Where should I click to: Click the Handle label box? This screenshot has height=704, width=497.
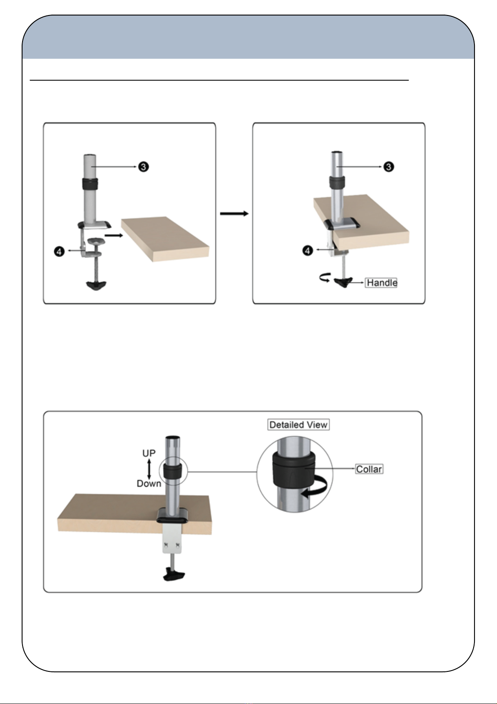pyautogui.click(x=381, y=283)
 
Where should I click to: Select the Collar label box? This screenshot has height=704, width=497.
pyautogui.click(x=369, y=469)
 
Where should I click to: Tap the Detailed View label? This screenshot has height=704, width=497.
pyautogui.click(x=298, y=425)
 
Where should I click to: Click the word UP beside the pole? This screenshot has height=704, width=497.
pyautogui.click(x=149, y=453)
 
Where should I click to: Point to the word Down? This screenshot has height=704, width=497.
pyautogui.click(x=149, y=483)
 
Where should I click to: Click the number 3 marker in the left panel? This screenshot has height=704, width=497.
pyautogui.click(x=144, y=167)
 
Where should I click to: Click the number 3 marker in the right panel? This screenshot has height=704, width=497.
pyautogui.click(x=389, y=167)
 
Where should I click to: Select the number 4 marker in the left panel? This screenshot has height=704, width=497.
pyautogui.click(x=59, y=252)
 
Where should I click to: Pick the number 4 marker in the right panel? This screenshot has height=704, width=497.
pyautogui.click(x=308, y=251)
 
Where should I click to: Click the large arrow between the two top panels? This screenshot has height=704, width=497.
pyautogui.click(x=234, y=213)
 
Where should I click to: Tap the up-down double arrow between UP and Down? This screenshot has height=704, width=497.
pyautogui.click(x=149, y=468)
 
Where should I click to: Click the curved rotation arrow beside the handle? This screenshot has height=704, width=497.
pyautogui.click(x=324, y=278)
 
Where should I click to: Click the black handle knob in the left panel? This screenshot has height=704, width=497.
pyautogui.click(x=96, y=286)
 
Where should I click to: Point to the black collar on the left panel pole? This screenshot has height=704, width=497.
pyautogui.click(x=90, y=184)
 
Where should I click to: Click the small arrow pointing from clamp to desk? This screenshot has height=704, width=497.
pyautogui.click(x=114, y=235)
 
